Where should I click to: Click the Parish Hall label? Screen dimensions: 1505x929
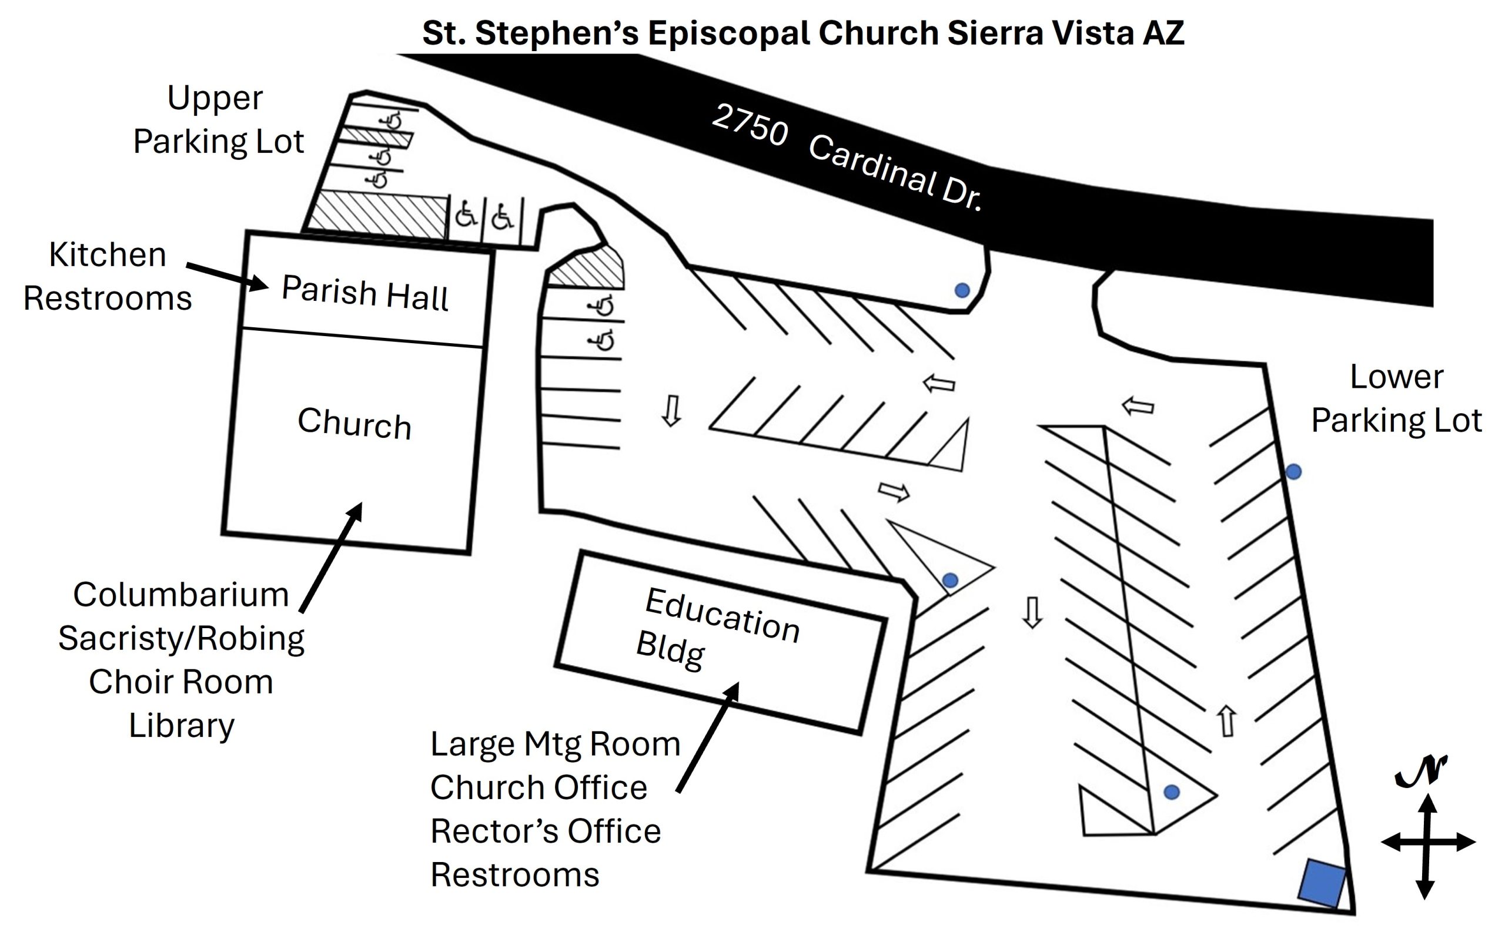tap(365, 293)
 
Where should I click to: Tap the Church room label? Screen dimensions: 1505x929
tap(354, 423)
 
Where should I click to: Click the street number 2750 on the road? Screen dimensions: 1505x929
tap(750, 125)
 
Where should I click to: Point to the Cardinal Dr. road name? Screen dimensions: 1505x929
tap(895, 173)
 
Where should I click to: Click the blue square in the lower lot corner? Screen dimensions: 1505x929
tap(1322, 883)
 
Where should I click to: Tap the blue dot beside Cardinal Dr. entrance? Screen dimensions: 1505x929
tap(962, 290)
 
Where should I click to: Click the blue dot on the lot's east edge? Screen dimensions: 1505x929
tap(1293, 472)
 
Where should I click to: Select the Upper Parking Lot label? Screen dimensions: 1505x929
tap(218, 120)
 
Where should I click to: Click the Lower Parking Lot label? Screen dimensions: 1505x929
tap(1396, 399)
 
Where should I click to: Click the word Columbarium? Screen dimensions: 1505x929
tap(180, 595)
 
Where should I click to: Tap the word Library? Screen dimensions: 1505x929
tap(181, 726)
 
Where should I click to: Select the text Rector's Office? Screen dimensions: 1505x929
tap(546, 831)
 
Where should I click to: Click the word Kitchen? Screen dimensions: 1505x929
tap(108, 254)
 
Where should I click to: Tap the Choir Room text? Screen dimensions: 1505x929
tap(180, 682)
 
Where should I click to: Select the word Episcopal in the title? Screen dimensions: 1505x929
tap(728, 32)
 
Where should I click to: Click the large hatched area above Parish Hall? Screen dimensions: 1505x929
tap(377, 214)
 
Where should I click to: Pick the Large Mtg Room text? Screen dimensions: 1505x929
tap(556, 744)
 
